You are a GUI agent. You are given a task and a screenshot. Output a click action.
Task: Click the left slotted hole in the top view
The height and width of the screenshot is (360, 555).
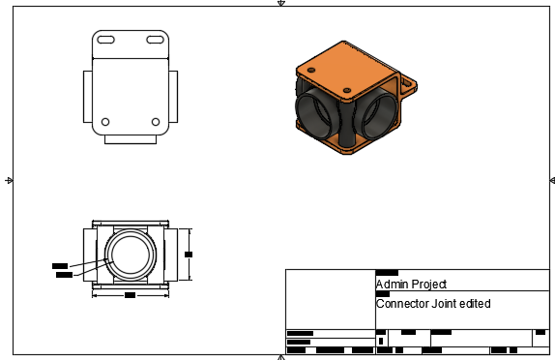tap(106, 40)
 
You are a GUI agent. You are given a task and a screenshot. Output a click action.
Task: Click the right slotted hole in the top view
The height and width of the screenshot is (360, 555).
tap(155, 40)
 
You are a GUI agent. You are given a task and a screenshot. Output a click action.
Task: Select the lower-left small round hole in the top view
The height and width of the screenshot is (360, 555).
tap(105, 121)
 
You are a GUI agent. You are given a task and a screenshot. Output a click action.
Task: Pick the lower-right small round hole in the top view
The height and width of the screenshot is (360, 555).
tap(156, 121)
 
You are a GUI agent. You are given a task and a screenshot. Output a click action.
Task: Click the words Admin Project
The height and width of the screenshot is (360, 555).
tap(411, 285)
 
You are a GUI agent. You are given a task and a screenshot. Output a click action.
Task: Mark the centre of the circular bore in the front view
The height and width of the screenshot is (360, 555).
tap(130, 255)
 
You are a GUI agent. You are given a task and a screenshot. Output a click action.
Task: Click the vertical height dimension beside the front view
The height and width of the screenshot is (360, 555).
tap(189, 254)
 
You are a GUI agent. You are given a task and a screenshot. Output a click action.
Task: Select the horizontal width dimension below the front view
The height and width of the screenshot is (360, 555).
tap(130, 294)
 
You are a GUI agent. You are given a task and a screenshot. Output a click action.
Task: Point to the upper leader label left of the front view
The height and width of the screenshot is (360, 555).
tap(59, 264)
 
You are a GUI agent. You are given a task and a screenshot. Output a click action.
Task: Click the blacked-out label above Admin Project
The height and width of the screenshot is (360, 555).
tap(387, 273)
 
